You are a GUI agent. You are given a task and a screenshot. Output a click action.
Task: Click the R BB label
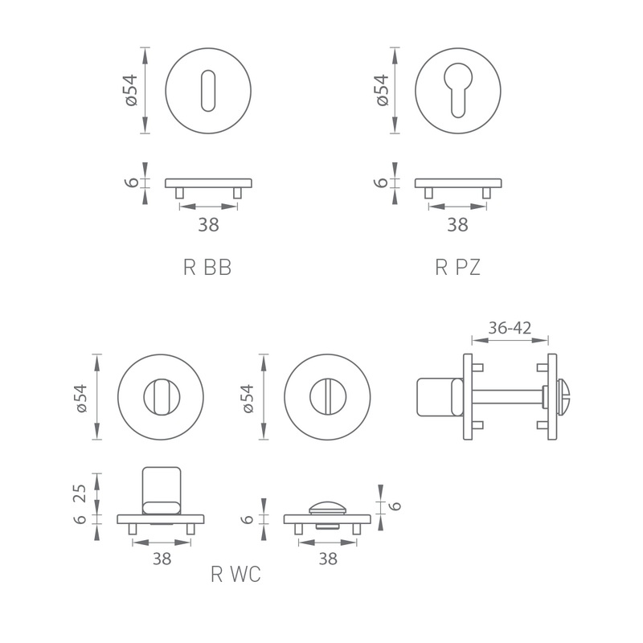[x=207, y=268]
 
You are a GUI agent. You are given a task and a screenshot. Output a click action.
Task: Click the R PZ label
[x=457, y=268]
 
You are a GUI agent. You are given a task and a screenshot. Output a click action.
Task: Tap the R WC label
[x=235, y=574]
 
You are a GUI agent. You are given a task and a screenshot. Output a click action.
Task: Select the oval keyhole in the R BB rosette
[x=208, y=91]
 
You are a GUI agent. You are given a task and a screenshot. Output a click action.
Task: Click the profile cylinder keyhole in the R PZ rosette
[x=457, y=90]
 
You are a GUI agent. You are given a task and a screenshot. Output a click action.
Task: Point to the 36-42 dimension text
[x=510, y=328]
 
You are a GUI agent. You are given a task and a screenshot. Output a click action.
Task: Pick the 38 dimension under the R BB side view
[x=208, y=225]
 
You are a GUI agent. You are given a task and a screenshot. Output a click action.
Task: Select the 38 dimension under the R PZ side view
[x=457, y=225]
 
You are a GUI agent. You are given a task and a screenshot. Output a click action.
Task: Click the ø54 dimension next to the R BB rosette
[x=131, y=90]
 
